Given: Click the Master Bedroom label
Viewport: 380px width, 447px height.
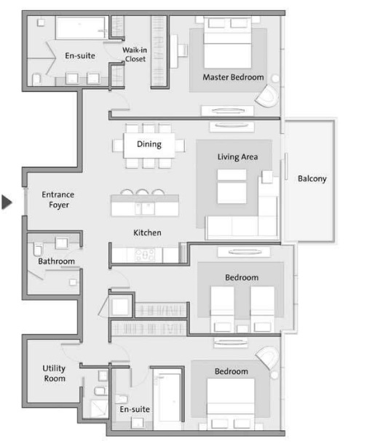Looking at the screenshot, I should (233, 77).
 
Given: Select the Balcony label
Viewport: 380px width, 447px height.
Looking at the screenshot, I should (312, 178).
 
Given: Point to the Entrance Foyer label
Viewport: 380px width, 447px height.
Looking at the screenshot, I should (58, 200).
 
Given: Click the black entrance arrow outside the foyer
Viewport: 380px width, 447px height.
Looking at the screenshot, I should (7, 202).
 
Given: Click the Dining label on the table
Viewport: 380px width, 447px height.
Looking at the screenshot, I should (149, 144).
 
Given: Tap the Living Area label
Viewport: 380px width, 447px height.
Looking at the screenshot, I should (237, 157).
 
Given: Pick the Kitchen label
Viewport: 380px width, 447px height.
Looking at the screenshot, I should (147, 233).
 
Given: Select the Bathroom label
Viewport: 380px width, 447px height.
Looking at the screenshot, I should (57, 261).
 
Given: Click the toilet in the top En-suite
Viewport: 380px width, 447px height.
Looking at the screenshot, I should (36, 78).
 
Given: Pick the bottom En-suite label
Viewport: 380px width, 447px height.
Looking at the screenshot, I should (135, 410).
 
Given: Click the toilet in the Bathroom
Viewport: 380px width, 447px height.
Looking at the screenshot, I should (38, 250).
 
